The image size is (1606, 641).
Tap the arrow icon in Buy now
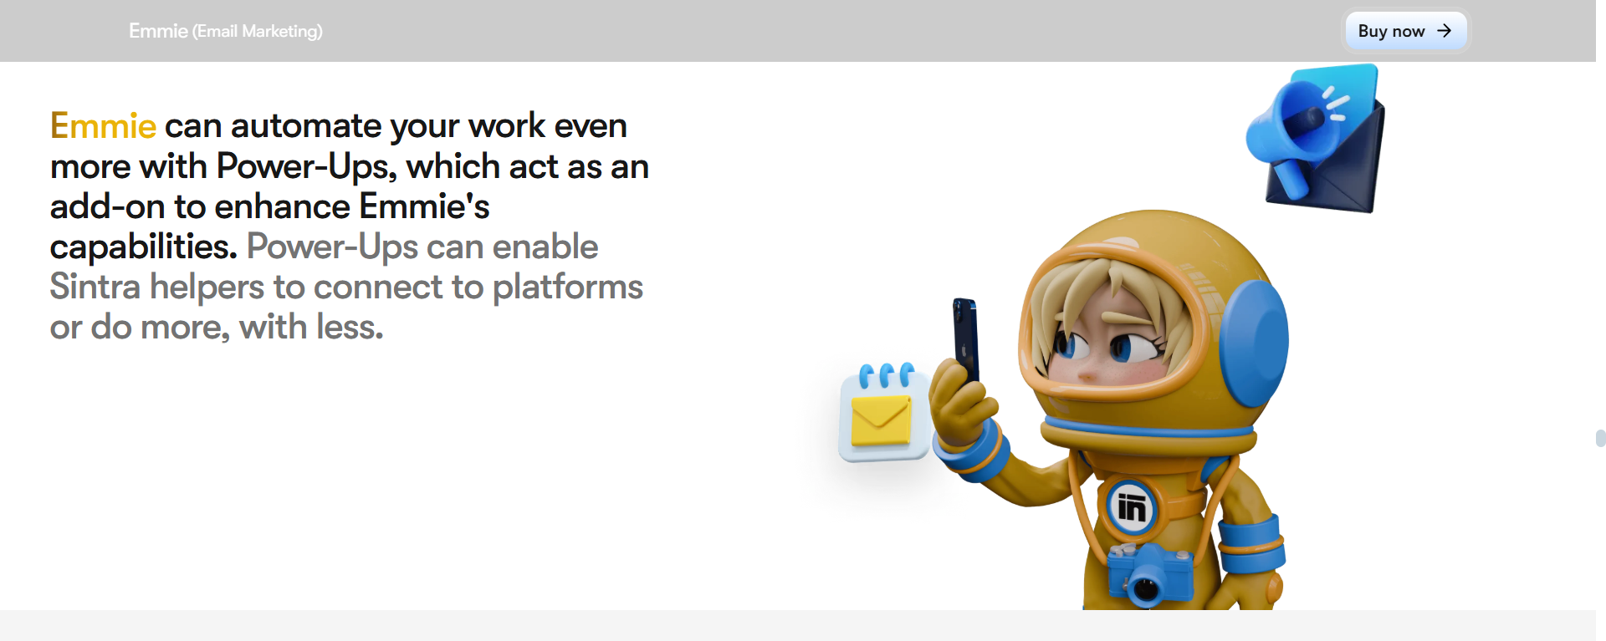click(1444, 31)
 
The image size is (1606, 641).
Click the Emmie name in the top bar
click(158, 31)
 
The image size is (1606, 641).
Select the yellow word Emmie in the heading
click(103, 126)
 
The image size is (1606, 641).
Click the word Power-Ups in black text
click(305, 166)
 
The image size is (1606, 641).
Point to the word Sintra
click(95, 287)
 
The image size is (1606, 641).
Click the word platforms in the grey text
click(567, 287)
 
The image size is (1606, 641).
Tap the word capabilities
click(142, 247)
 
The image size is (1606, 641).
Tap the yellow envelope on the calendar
click(880, 420)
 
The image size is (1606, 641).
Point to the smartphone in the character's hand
click(966, 338)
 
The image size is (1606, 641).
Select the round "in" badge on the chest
click(1131, 507)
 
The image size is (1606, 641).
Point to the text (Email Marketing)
click(258, 32)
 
